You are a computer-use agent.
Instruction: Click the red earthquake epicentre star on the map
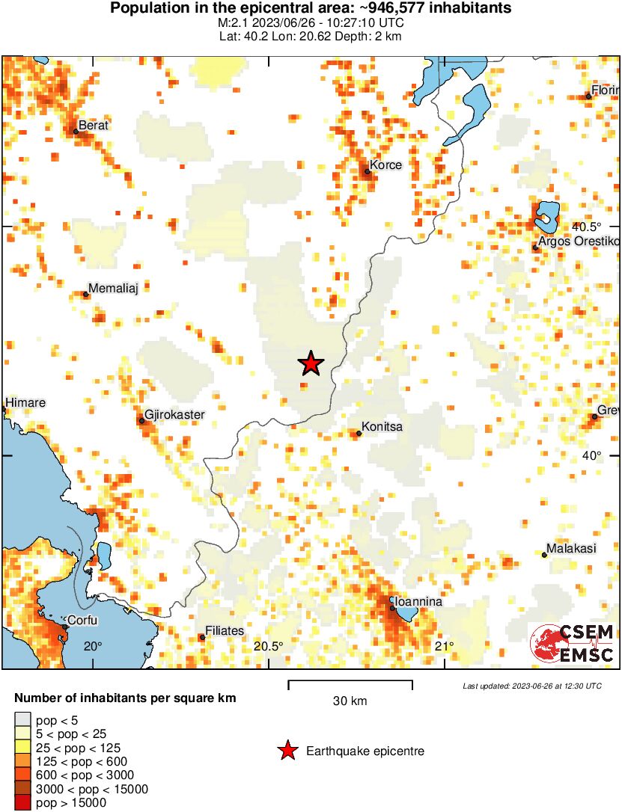point(311,363)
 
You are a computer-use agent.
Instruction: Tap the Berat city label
point(94,126)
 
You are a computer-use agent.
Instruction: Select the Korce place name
point(387,165)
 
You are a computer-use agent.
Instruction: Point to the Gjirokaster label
point(174,414)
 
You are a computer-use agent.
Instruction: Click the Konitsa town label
point(383,427)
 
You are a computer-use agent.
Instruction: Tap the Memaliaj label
point(114,288)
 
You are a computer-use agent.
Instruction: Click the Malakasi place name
point(571,549)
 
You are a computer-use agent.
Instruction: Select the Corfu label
point(82,621)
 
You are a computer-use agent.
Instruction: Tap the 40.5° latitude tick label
point(587,227)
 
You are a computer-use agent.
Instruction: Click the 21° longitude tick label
point(445,647)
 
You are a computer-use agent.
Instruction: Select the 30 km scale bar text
point(350,701)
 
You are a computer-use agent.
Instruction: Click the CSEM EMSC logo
point(573,644)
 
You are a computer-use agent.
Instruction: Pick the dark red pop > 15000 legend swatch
point(23,803)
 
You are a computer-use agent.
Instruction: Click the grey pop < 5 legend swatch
point(23,721)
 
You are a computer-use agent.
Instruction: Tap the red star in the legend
point(287,751)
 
